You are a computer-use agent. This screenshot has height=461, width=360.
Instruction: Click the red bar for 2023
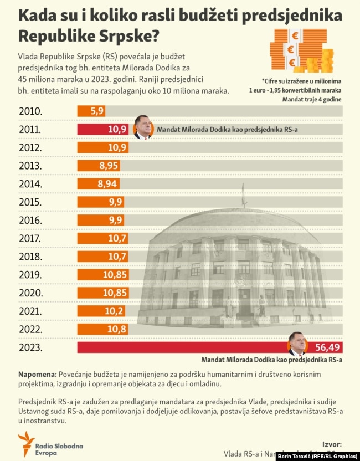pos(183,347)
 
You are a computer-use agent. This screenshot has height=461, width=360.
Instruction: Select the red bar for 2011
pos(103,130)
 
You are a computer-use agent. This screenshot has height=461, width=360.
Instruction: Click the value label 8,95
pos(107,166)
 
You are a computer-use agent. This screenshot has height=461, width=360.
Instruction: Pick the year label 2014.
pos(30,184)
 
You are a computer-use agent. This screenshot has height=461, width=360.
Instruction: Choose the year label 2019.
pos(30,275)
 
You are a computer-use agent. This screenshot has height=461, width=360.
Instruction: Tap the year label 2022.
pos(30,329)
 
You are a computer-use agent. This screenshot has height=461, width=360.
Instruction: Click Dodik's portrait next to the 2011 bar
pos(143,127)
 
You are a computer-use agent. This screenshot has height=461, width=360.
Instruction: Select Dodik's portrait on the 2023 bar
pos(297,344)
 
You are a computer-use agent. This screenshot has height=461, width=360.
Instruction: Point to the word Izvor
pos(332,444)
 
